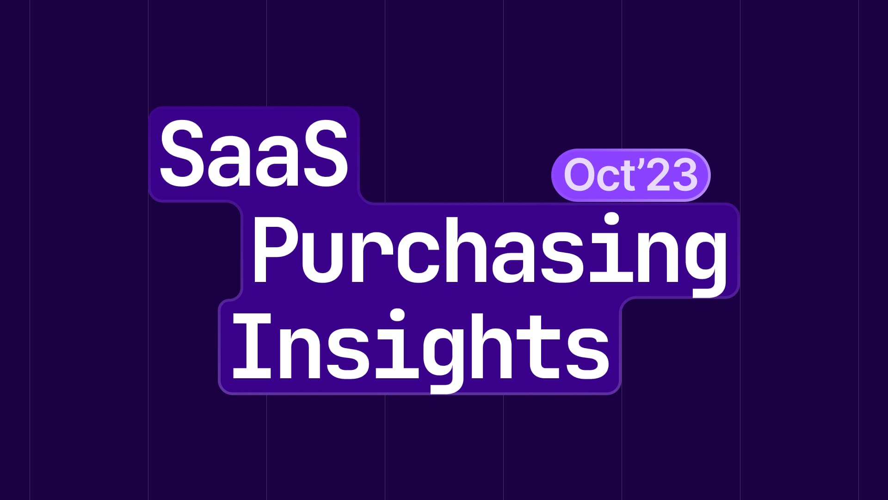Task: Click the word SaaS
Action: pos(253,154)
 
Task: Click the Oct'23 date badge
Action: pos(630,175)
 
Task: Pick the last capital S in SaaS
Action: pos(324,154)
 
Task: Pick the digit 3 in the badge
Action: pos(683,175)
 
